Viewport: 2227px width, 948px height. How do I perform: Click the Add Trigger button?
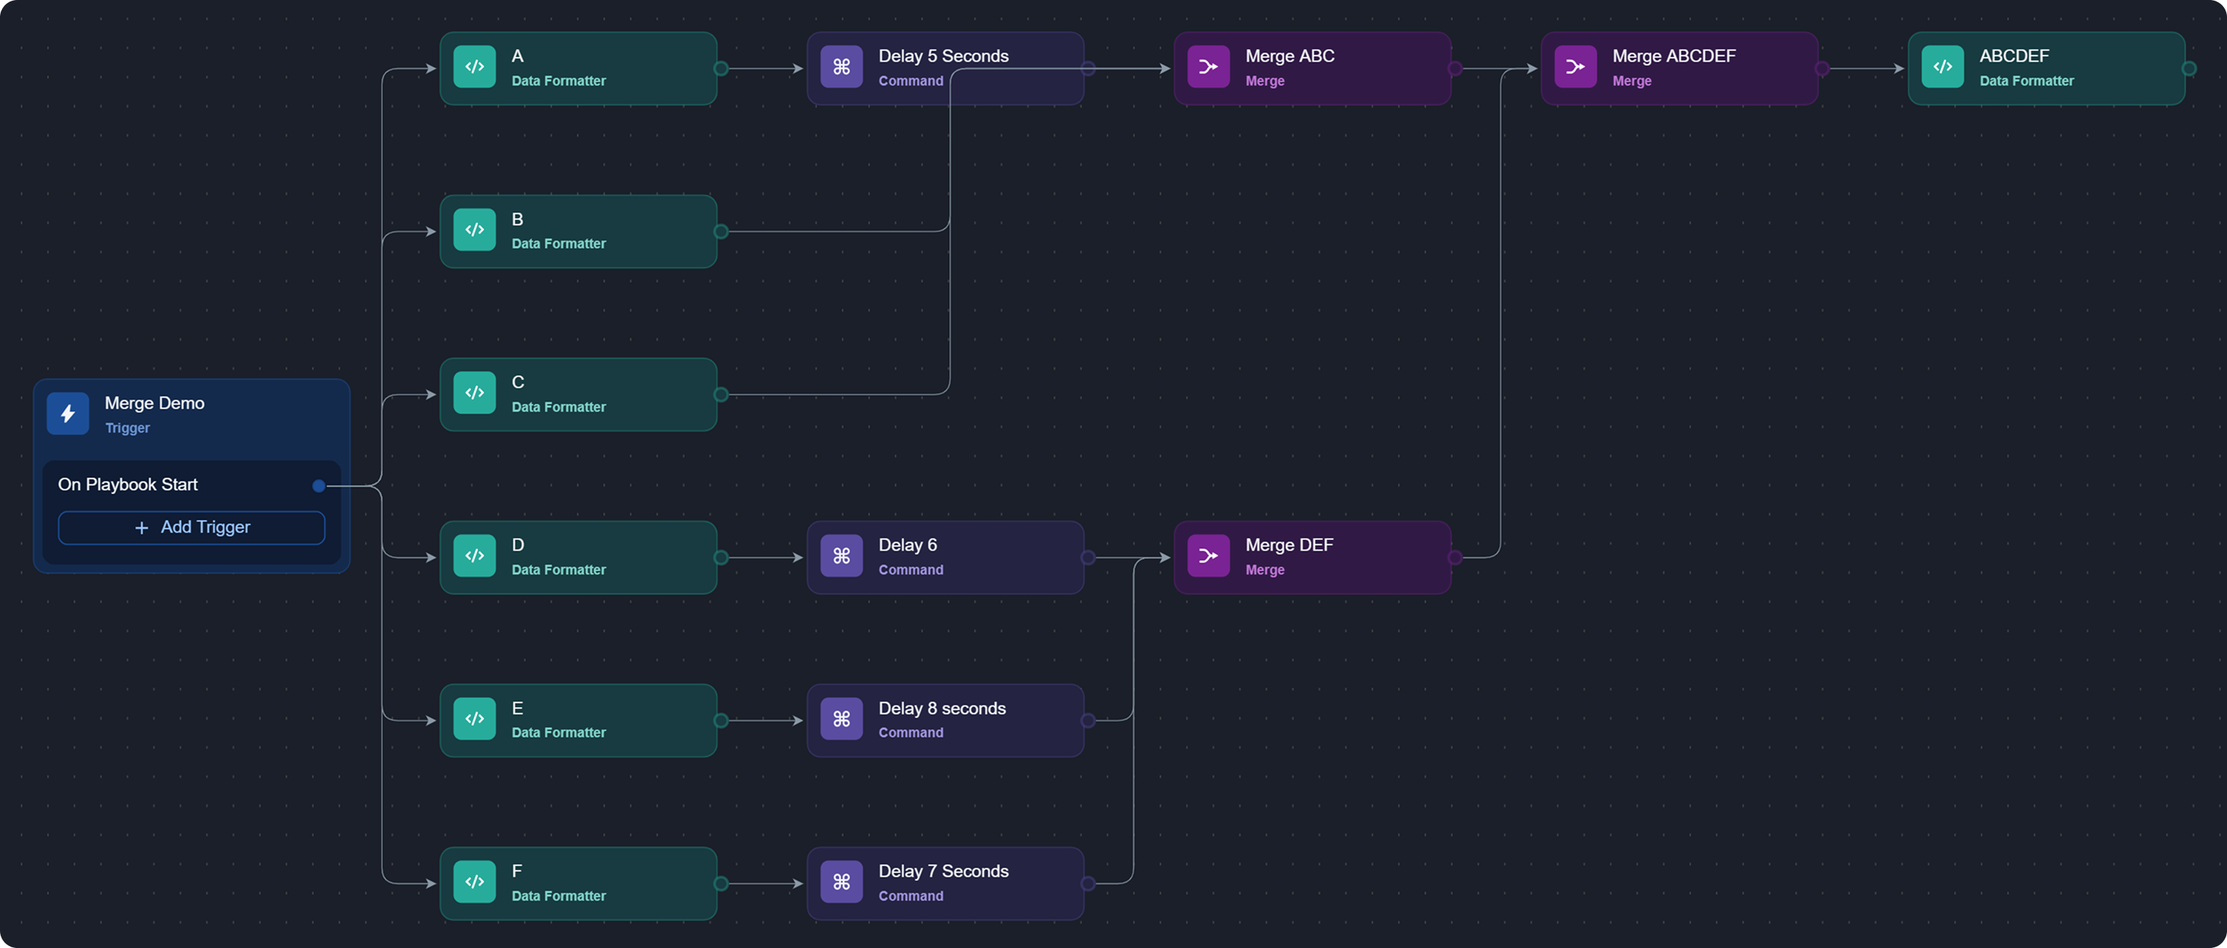191,528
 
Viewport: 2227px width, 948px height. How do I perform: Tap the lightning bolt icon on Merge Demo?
67,413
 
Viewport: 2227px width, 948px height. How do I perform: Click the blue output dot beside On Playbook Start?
319,486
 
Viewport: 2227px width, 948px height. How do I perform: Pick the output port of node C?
721,394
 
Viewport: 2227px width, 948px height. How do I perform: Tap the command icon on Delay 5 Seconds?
841,67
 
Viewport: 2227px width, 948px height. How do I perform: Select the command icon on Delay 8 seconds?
841,718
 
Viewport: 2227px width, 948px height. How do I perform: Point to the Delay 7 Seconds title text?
944,871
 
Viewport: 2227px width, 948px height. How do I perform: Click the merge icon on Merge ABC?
1208,67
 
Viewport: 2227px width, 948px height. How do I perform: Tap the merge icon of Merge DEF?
1208,555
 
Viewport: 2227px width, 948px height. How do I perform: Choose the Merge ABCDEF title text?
1674,56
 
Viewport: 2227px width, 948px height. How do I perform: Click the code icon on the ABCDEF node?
1943,67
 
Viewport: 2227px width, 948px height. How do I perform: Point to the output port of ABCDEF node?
2189,68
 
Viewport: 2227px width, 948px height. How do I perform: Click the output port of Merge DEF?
1455,558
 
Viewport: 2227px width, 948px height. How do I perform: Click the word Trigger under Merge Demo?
127,428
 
